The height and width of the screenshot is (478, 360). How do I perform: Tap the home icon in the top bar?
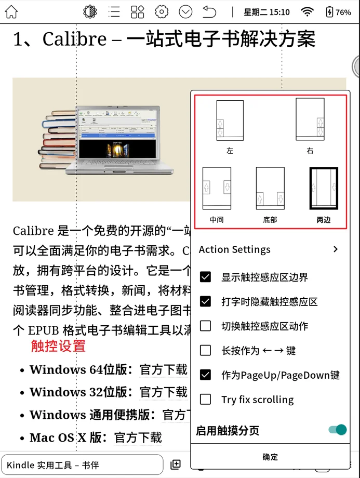pyautogui.click(x=11, y=12)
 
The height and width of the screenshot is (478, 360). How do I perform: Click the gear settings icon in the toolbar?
pyautogui.click(x=162, y=12)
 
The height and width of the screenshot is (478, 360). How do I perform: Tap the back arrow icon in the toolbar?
pyautogui.click(x=209, y=12)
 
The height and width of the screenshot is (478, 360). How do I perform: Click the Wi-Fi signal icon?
pyautogui.click(x=308, y=12)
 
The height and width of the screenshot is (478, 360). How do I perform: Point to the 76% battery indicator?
pyautogui.click(x=338, y=12)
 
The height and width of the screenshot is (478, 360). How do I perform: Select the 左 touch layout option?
pyautogui.click(x=230, y=121)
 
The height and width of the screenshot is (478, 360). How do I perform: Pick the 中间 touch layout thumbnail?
pyautogui.click(x=217, y=189)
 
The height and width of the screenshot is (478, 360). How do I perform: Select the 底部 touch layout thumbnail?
pyautogui.click(x=270, y=189)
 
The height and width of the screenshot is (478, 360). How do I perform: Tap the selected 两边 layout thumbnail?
pyautogui.click(x=323, y=189)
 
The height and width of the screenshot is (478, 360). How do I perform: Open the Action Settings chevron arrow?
pyautogui.click(x=336, y=249)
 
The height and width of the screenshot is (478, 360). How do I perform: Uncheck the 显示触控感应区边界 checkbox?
pyautogui.click(x=206, y=277)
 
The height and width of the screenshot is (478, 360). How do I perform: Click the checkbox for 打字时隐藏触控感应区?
pyautogui.click(x=206, y=301)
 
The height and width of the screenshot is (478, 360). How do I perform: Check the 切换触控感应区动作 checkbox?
pyautogui.click(x=206, y=326)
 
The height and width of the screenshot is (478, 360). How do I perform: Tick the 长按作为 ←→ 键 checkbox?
pyautogui.click(x=206, y=350)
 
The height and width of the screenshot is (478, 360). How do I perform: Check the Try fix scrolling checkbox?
pyautogui.click(x=206, y=400)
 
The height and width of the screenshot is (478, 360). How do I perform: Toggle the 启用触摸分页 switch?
pyautogui.click(x=338, y=430)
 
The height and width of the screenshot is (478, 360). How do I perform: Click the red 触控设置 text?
pyautogui.click(x=58, y=346)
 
